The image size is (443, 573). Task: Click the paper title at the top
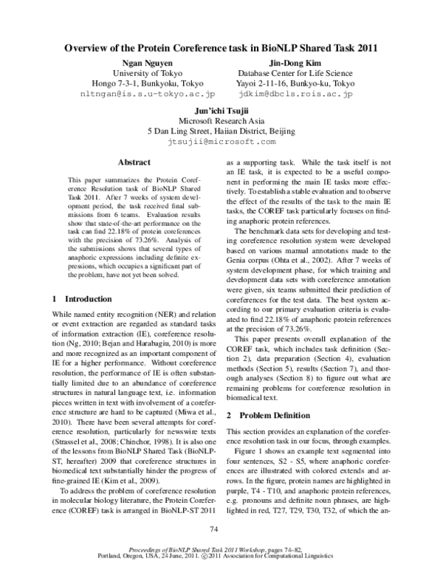tap(221, 49)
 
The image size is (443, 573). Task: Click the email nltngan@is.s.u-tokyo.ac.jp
tap(148, 95)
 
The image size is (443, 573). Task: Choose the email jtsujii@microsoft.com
tap(221, 140)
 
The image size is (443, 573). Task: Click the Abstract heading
tap(134, 162)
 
